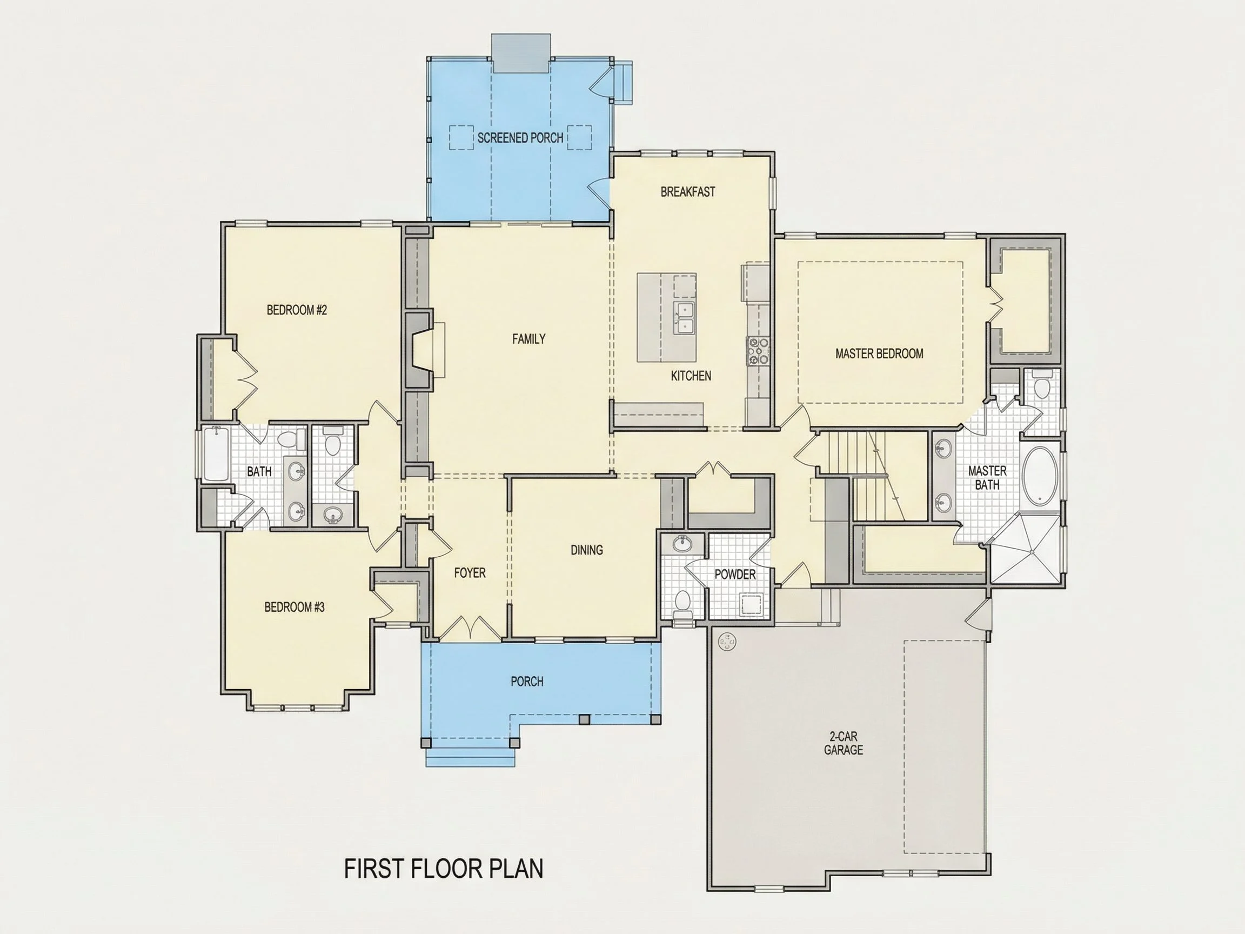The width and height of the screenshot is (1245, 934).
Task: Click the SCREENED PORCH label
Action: click(520, 138)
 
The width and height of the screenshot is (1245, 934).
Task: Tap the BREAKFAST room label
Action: click(688, 192)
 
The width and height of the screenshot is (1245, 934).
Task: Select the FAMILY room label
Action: click(528, 339)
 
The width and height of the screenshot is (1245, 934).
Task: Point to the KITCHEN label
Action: click(691, 376)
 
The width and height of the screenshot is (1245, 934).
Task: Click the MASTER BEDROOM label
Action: click(879, 353)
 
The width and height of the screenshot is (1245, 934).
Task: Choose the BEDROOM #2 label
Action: click(297, 310)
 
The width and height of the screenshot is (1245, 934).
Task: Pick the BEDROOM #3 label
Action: click(294, 607)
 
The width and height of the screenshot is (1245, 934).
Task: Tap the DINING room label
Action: click(586, 550)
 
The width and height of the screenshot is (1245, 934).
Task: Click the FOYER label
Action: click(470, 572)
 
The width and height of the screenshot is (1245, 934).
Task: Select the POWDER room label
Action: click(735, 574)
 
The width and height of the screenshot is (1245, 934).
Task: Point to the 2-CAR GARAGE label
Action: click(843, 743)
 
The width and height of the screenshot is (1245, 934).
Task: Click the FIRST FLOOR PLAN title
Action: click(444, 869)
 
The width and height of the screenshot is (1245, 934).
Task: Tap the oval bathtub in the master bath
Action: click(1040, 475)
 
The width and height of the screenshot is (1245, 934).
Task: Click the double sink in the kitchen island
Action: click(684, 318)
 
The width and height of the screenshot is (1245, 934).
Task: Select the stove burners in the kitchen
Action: click(758, 351)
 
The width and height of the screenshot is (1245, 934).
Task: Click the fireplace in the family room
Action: click(422, 350)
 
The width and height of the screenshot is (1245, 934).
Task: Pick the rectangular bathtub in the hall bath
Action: click(215, 454)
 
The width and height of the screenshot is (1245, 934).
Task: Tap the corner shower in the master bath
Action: click(1025, 549)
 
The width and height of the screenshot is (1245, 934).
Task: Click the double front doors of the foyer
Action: click(470, 629)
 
